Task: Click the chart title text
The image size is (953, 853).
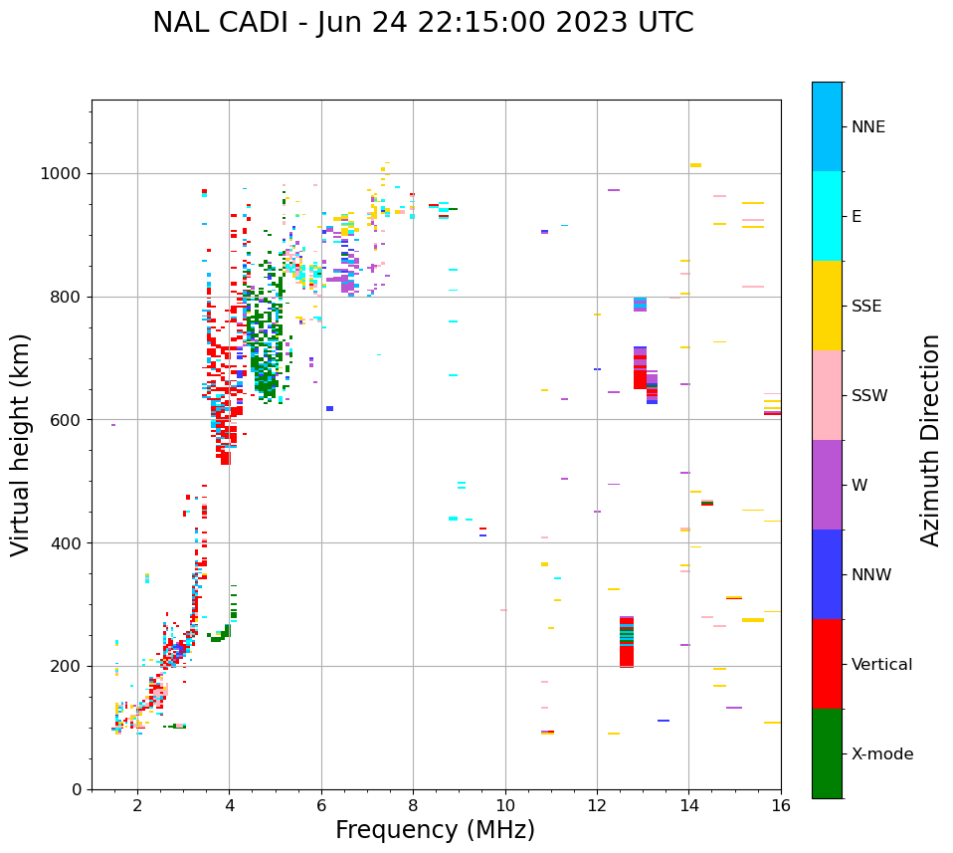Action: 423,23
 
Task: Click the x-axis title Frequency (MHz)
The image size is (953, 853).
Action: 435,830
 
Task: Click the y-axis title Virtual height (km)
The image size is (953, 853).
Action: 21,444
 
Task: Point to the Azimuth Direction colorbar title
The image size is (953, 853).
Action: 930,440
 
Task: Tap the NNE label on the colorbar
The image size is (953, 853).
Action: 867,126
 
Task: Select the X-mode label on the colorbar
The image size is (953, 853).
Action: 881,753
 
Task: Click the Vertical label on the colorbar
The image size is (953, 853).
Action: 881,664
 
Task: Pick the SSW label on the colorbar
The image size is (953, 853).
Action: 869,395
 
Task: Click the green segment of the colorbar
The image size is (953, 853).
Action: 827,753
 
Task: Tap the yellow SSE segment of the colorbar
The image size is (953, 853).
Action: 827,306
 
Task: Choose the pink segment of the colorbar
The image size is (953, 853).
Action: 827,395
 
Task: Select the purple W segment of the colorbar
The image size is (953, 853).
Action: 827,485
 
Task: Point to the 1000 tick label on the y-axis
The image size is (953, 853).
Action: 64,174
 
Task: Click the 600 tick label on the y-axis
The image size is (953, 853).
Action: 68,420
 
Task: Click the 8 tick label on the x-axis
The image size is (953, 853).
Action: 413,806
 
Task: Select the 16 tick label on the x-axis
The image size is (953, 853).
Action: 781,806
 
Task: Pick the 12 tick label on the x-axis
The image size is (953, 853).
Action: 597,806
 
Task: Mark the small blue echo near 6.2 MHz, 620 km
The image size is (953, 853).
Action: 329,408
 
